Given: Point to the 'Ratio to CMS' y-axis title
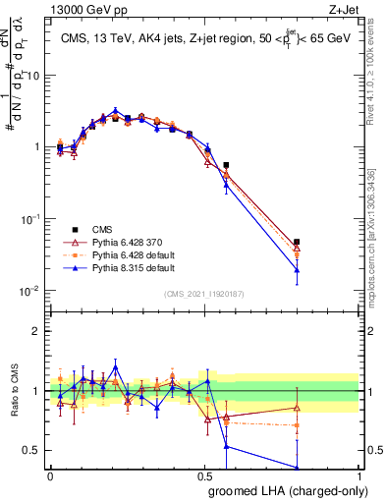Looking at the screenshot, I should coord(13,391).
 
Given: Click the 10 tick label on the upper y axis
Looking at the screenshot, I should coord(33,76).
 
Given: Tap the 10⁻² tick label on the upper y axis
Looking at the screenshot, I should coord(31,290).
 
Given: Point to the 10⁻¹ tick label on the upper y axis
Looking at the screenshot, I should coord(31,218).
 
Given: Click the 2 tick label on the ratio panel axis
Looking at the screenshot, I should coord(36,331).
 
